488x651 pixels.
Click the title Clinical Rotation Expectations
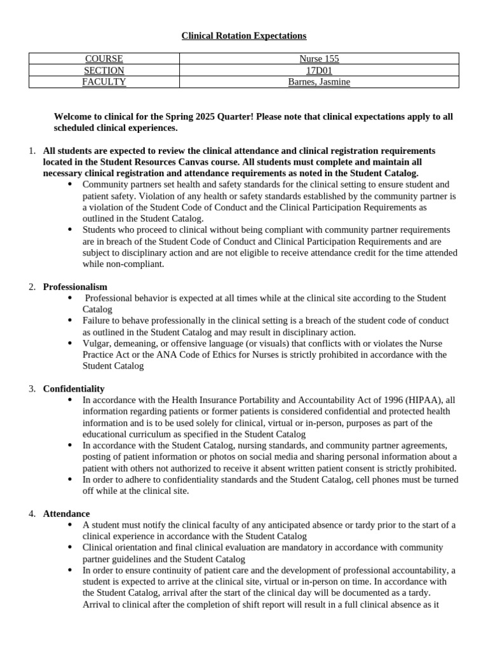[244, 36]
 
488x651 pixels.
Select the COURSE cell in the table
[104, 58]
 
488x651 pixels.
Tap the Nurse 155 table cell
[319, 58]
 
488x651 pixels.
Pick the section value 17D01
[319, 70]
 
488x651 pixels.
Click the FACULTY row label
[104, 81]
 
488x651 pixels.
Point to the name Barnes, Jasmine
[319, 81]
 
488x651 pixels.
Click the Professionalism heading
[75, 287]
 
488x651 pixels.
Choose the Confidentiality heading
[74, 388]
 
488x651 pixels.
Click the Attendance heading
[66, 513]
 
